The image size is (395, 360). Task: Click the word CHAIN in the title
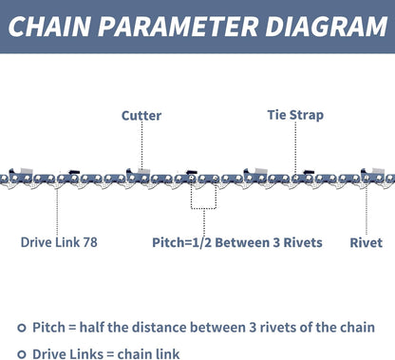pos(55,27)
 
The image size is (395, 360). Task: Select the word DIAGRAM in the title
pos(321,27)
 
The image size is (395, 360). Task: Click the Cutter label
pos(141,116)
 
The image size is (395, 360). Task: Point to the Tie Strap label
pos(295,116)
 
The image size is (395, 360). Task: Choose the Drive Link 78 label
pos(59,242)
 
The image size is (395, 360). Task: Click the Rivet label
pos(367,242)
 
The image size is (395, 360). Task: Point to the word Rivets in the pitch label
pos(302,242)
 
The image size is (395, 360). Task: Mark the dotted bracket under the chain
pos(203,199)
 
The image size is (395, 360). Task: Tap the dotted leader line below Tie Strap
pos(295,149)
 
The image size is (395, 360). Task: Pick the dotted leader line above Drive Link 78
pos(58,209)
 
